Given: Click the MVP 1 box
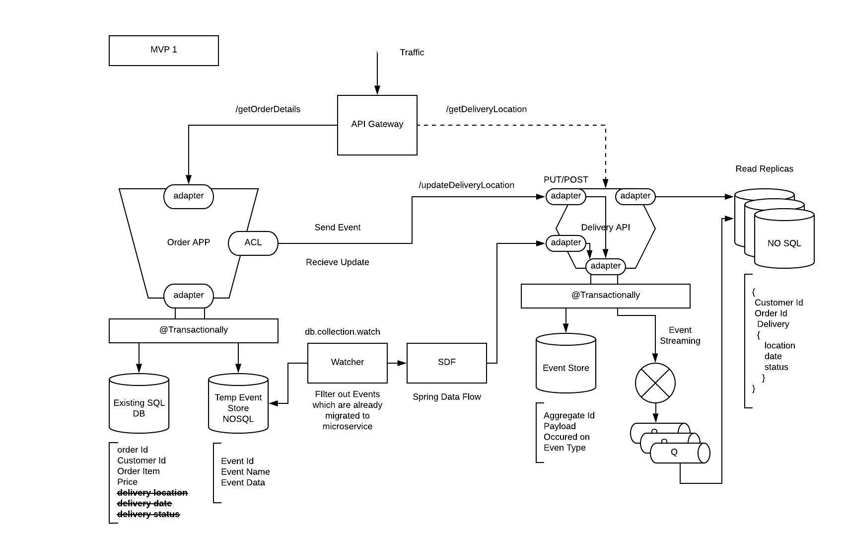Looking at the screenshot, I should pyautogui.click(x=163, y=50).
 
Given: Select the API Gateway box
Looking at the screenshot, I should pyautogui.click(x=377, y=125).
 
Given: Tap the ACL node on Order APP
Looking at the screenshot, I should pyautogui.click(x=253, y=243).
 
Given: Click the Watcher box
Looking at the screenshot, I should pyautogui.click(x=347, y=363).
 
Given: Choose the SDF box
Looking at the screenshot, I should pyautogui.click(x=446, y=363).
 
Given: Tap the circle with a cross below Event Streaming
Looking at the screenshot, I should pyautogui.click(x=655, y=383).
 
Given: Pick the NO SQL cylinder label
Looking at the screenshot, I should pyautogui.click(x=784, y=243).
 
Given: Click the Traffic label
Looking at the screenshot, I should pyautogui.click(x=412, y=53).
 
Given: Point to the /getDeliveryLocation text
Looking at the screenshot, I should pyautogui.click(x=486, y=109).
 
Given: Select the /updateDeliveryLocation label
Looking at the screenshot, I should pyautogui.click(x=466, y=185).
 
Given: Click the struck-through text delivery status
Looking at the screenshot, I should pyautogui.click(x=148, y=514).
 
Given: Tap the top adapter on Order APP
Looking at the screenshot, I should pyautogui.click(x=188, y=196).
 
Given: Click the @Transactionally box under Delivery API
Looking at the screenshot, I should pyautogui.click(x=605, y=296).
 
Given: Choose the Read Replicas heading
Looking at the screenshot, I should pyautogui.click(x=764, y=169).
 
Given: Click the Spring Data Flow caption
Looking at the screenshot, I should pyautogui.click(x=446, y=397).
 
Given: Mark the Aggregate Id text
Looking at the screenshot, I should pyautogui.click(x=568, y=415).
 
